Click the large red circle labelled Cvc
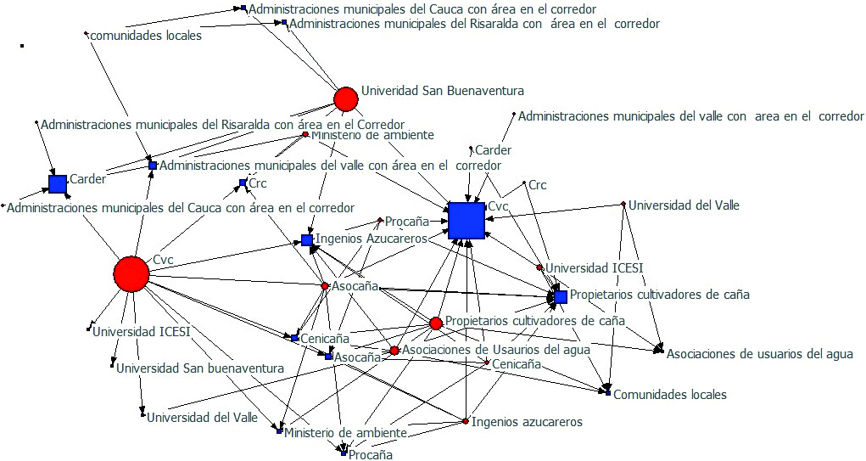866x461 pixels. tap(131, 273)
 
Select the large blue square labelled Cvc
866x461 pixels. tap(466, 221)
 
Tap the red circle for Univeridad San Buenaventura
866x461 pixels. tap(345, 99)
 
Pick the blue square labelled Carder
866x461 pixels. tap(58, 183)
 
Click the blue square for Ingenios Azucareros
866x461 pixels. tap(306, 240)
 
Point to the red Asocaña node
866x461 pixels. tap(325, 286)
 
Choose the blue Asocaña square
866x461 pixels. tap(328, 357)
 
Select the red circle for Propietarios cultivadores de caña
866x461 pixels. tap(436, 323)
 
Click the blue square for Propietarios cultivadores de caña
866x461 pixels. tap(561, 296)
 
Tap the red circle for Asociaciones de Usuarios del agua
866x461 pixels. tap(394, 350)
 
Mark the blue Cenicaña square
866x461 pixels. tap(294, 338)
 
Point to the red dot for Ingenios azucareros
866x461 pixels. tap(466, 421)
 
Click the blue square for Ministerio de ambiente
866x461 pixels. tap(278, 431)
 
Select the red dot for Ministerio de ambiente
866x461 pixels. tap(305, 134)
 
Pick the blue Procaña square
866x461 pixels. tap(344, 453)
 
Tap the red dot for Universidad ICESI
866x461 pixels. tap(539, 267)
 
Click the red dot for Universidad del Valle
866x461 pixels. tap(623, 204)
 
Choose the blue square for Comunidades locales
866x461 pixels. tap(607, 393)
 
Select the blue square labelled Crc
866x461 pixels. tap(243, 183)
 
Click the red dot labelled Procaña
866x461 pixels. tap(380, 219)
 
